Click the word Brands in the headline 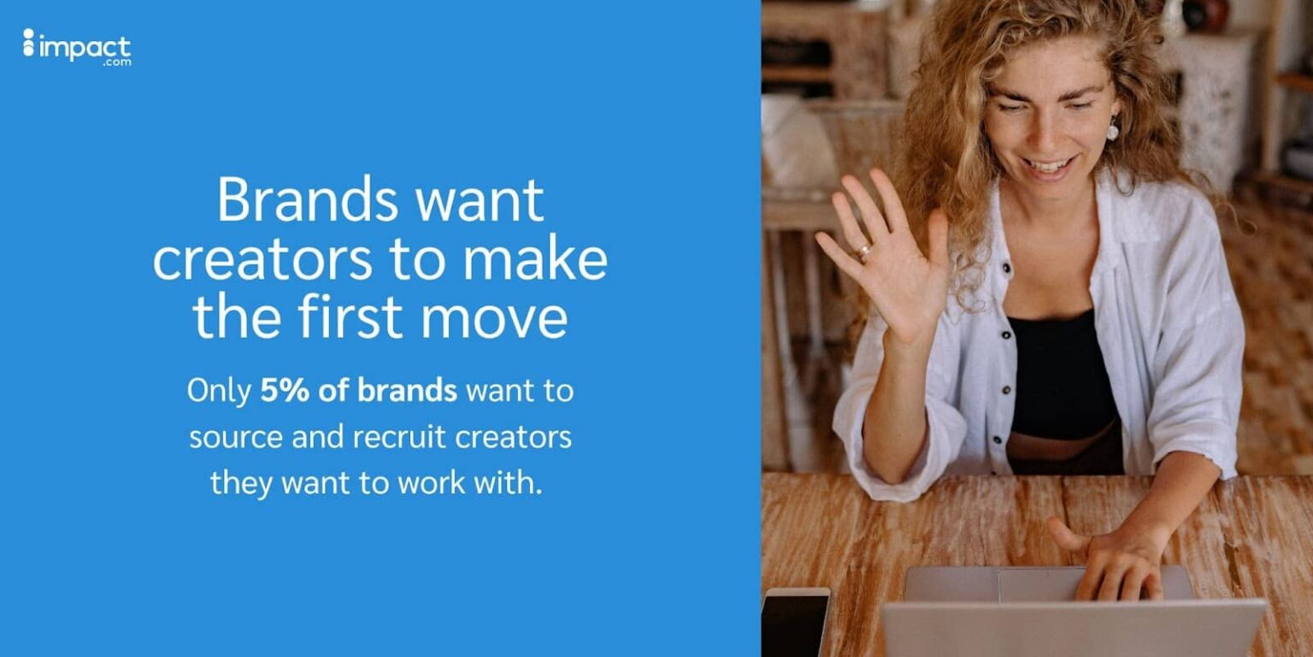(x=307, y=200)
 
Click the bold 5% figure (x=277, y=391)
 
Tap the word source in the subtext (x=234, y=437)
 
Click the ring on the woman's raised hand (x=865, y=252)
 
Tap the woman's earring (x=1112, y=130)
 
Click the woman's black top (x=1060, y=376)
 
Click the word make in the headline (x=545, y=260)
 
